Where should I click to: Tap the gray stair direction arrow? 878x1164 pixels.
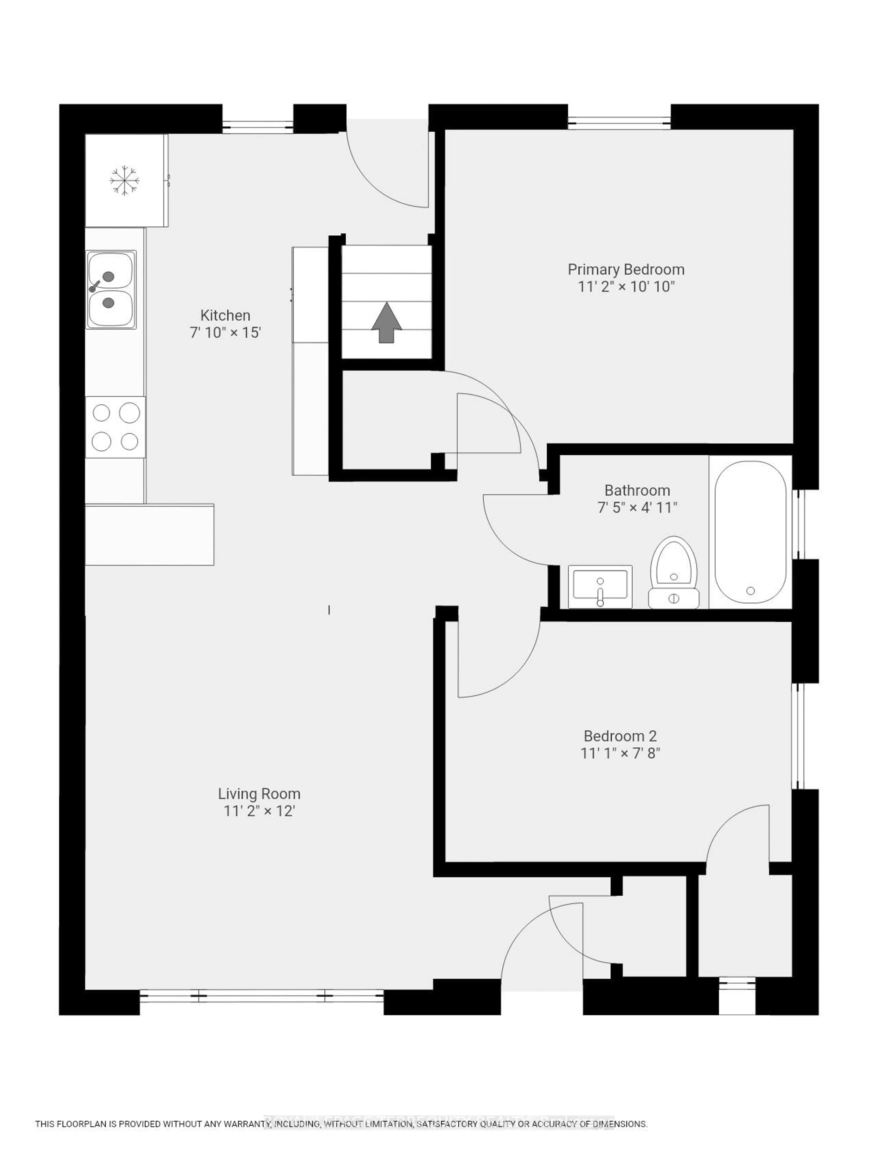point(387,323)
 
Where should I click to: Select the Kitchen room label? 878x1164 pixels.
point(225,315)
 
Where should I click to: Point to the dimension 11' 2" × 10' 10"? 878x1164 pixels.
point(626,287)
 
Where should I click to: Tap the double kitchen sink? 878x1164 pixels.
point(111,289)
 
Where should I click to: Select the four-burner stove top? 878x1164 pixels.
point(115,427)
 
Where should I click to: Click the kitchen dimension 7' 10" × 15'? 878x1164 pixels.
point(225,333)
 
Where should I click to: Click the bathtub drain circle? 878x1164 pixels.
point(750,591)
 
